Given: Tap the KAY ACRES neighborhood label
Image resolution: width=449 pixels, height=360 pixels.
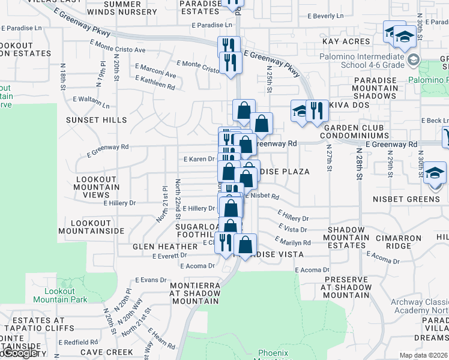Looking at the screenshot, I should click(347, 41).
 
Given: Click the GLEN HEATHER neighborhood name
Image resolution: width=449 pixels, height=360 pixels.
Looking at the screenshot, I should click(161, 247).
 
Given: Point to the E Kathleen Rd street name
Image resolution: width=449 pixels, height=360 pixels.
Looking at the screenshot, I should click(155, 83).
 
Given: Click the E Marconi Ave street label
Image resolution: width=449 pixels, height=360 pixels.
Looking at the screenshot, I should click(155, 71).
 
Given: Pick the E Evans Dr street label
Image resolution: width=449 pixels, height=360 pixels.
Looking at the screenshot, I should click(151, 280).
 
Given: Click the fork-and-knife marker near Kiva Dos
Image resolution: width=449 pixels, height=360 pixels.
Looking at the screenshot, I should click(318, 112).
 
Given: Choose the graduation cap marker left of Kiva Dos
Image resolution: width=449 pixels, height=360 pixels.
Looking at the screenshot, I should click(300, 111).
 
